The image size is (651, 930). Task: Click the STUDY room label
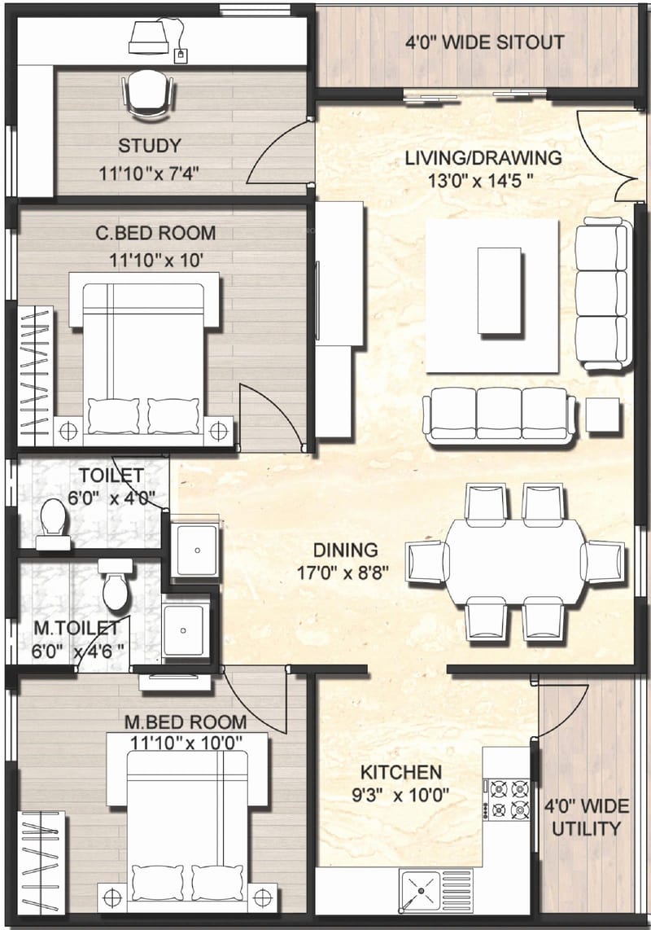150,147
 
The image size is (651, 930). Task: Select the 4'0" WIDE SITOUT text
485,42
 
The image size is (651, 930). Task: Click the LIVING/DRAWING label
483,157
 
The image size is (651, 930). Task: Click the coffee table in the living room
498,291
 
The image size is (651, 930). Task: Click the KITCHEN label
401,772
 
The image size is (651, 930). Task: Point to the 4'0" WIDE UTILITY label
587,818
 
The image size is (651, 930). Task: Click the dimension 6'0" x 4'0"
111,498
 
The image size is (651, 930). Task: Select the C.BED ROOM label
155,233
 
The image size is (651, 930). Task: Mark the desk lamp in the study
151,34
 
